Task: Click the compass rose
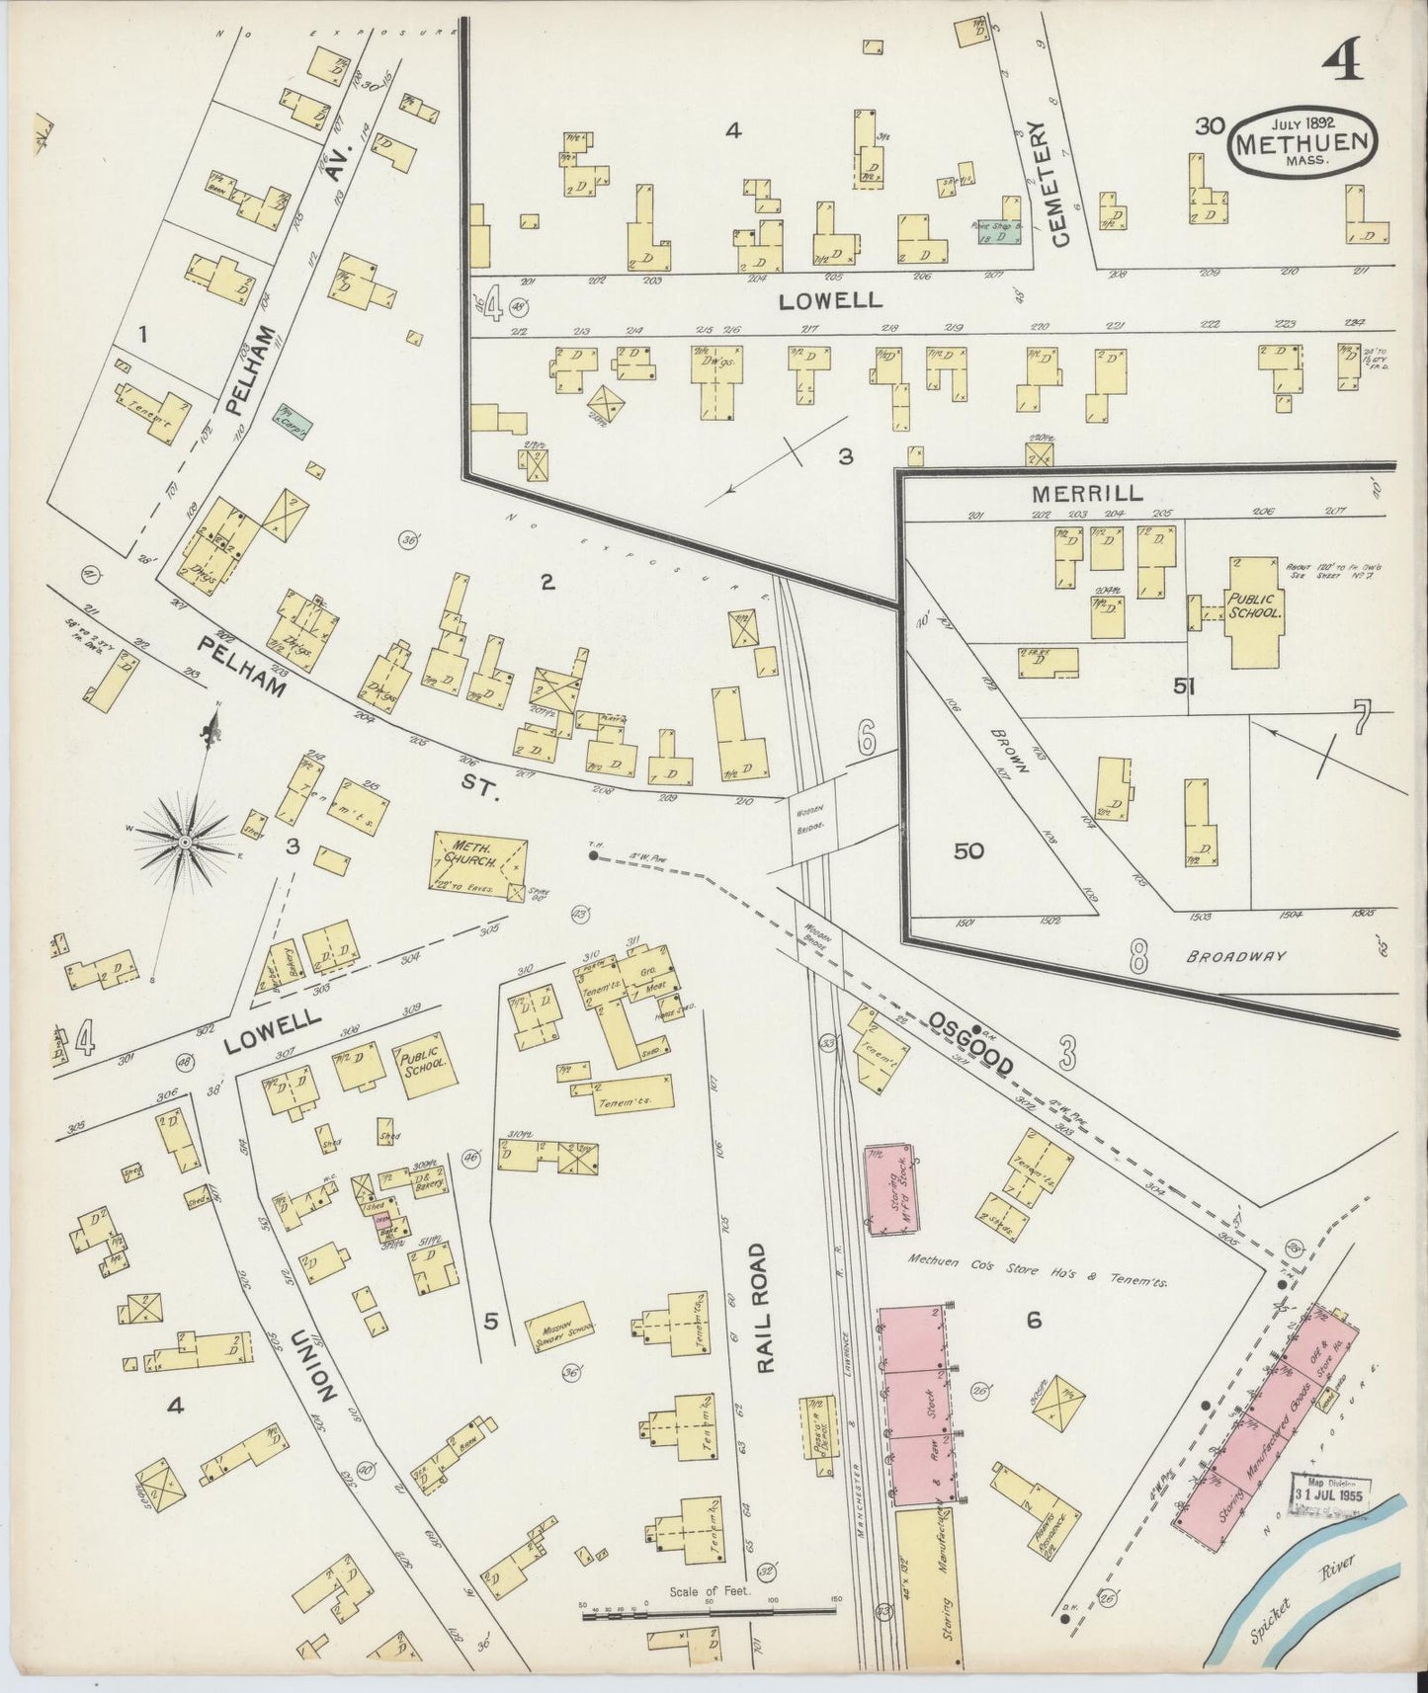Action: click(x=184, y=841)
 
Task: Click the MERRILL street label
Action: click(x=1087, y=492)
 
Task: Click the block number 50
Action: click(x=968, y=850)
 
